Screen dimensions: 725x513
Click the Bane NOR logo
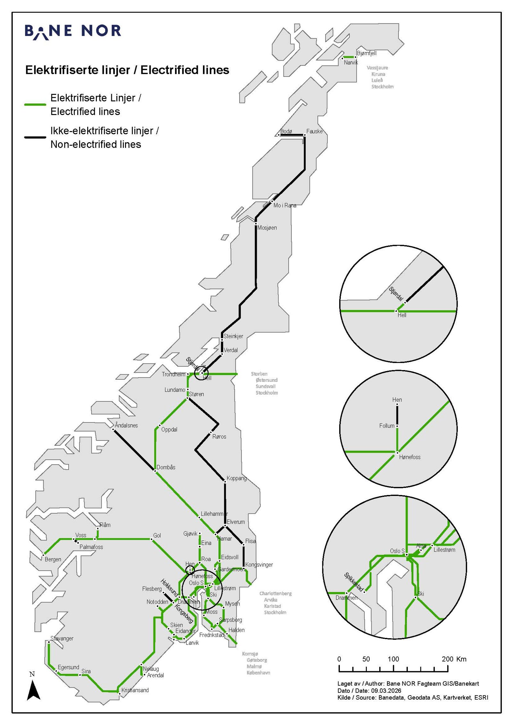click(73, 32)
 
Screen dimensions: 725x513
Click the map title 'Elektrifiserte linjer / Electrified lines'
click(127, 70)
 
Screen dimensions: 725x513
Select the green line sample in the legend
click(35, 104)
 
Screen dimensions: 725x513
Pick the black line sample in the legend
click(35, 137)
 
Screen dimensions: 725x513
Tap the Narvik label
click(351, 63)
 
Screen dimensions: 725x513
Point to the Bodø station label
click(286, 131)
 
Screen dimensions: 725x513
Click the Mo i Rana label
click(285, 205)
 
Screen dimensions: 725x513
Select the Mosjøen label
click(267, 228)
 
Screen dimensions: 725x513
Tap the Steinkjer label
click(233, 336)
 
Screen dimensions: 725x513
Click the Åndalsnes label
click(126, 425)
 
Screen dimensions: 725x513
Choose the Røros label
click(219, 437)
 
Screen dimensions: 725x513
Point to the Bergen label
click(53, 559)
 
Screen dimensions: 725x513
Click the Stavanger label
click(62, 638)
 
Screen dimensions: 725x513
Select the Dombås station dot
click(155, 471)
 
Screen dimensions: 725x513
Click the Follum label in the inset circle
click(387, 426)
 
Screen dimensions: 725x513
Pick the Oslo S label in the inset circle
click(397, 551)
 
